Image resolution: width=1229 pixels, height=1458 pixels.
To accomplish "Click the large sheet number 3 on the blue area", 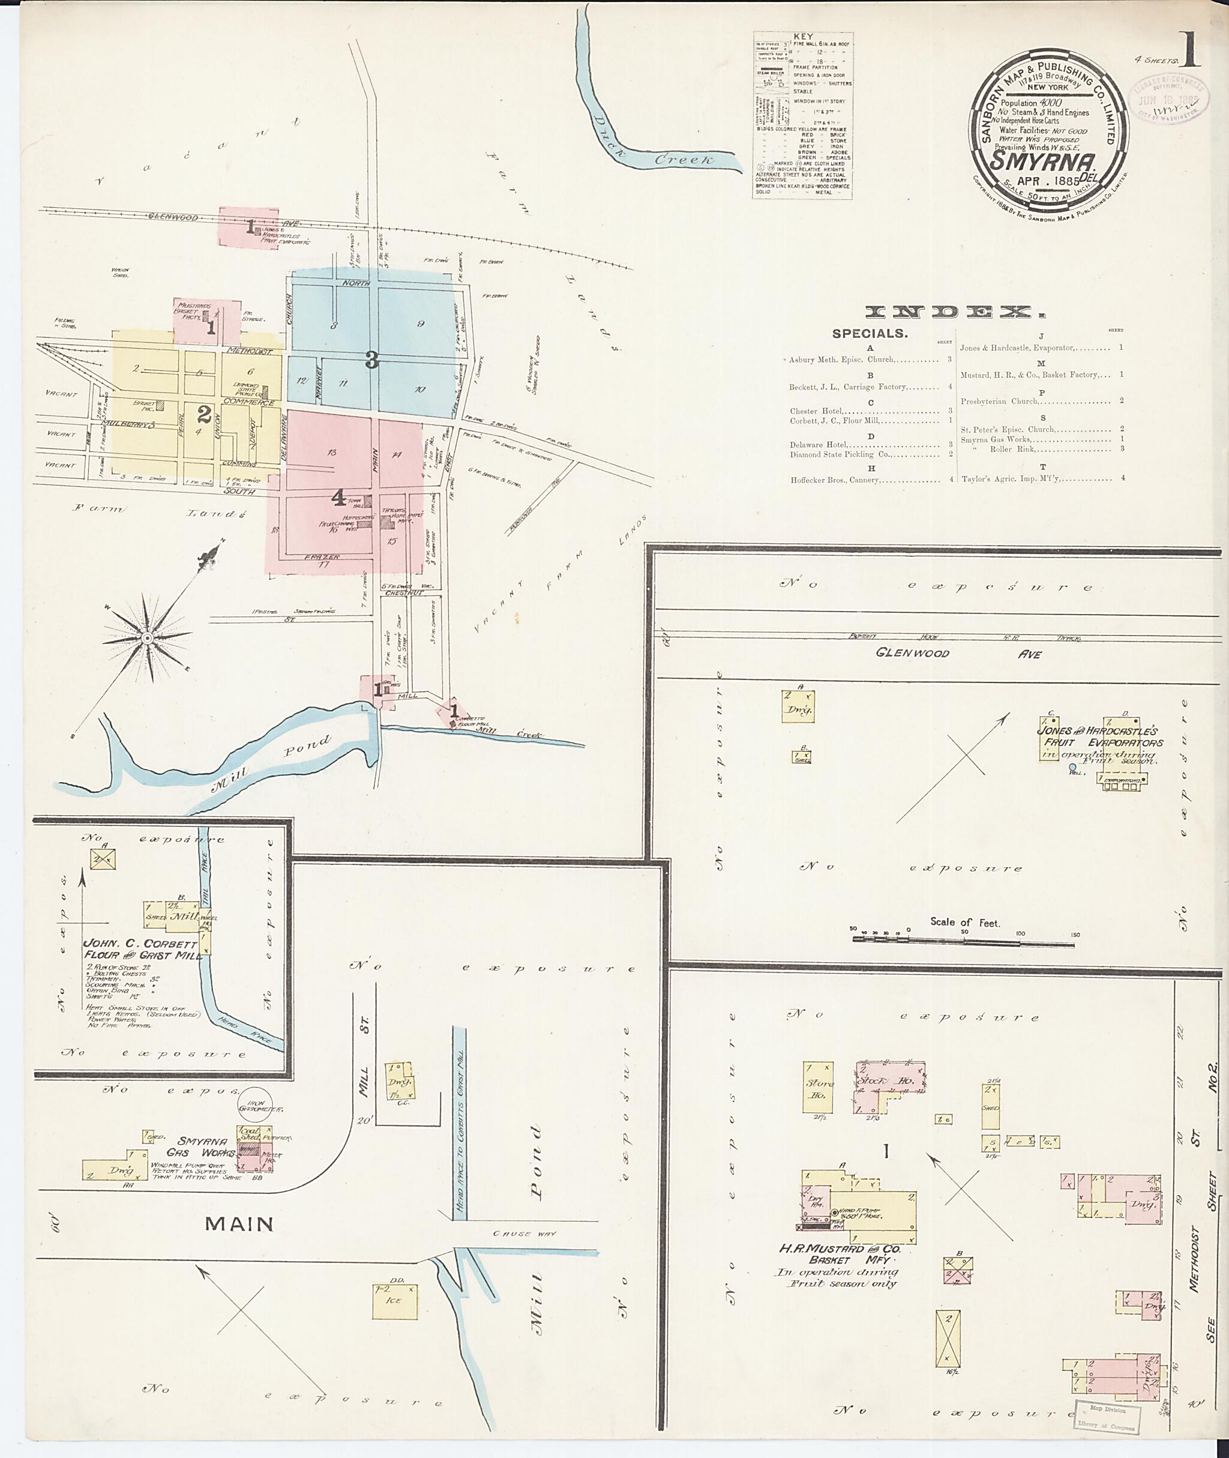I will [x=371, y=360].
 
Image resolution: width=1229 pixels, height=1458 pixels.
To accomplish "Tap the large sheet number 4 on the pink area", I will [x=338, y=498].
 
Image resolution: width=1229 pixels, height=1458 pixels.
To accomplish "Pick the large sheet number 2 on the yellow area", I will [x=203, y=415].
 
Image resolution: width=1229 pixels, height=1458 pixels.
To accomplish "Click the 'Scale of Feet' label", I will [x=964, y=922].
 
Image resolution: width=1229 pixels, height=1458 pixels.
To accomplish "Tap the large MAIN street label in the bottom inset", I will [x=239, y=1223].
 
